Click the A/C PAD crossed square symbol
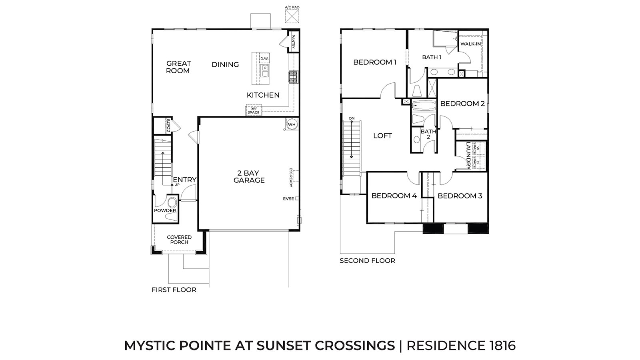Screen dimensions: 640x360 (x=292, y=16)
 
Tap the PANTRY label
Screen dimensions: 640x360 (x=293, y=42)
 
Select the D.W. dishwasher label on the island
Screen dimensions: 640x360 (x=264, y=58)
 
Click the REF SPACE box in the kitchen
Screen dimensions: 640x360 (x=254, y=110)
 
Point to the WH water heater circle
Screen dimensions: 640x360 (x=292, y=124)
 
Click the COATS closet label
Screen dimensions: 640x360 (x=168, y=126)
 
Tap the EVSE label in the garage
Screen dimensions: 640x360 (x=288, y=198)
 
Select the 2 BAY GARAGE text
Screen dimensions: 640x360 (x=249, y=176)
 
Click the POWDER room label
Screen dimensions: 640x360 (x=165, y=210)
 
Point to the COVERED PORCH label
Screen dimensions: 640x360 (x=179, y=240)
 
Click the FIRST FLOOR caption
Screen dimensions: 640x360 (x=174, y=290)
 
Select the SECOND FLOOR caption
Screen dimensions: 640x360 (x=368, y=260)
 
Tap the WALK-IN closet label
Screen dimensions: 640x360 (x=470, y=44)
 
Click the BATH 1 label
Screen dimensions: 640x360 (x=432, y=57)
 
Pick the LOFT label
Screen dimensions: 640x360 (x=382, y=136)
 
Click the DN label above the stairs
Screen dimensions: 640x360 (x=352, y=118)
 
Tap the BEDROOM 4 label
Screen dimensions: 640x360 (x=394, y=196)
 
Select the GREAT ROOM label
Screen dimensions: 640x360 (x=178, y=67)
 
